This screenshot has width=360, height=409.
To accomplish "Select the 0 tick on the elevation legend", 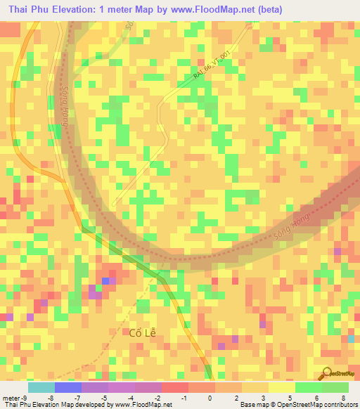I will click(x=210, y=397).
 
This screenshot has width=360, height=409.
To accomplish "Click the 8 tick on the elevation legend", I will click(x=342, y=397).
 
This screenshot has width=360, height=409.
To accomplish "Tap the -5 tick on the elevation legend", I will click(x=104, y=397).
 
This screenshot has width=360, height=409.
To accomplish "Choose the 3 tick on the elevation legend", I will click(x=263, y=397).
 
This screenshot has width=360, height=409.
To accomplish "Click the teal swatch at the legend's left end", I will click(x=41, y=387).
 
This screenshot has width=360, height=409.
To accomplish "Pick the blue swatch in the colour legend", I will click(x=67, y=387).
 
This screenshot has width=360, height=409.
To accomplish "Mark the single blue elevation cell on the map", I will click(x=105, y=281).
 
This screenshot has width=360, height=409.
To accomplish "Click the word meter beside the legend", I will click(x=11, y=397).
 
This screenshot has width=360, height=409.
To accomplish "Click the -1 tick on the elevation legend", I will click(x=184, y=397).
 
